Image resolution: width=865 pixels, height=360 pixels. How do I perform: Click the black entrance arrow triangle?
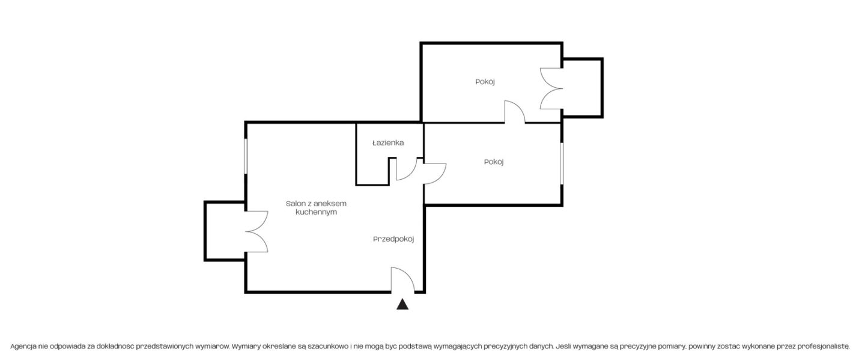point(402,305)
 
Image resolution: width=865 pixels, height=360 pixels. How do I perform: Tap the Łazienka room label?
point(388,143)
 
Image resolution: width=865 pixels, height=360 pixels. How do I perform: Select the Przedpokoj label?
point(393,239)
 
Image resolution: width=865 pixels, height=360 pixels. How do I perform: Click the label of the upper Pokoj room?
point(485,82)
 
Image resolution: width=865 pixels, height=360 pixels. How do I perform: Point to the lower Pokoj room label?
point(494,162)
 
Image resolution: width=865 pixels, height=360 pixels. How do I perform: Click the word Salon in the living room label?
point(295,204)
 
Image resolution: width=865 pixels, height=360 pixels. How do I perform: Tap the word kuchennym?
point(316,212)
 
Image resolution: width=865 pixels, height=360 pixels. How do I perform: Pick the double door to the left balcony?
point(257,232)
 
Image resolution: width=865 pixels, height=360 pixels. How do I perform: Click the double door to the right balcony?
point(551,88)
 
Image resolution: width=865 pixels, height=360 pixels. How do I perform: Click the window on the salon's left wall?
point(246,156)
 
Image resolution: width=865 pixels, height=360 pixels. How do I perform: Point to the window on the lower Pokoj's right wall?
point(562,163)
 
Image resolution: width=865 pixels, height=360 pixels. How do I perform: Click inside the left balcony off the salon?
point(225,231)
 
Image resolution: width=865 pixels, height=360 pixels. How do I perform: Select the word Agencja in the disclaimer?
point(23,347)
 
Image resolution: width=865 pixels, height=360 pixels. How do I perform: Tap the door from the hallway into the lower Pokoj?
point(436,173)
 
